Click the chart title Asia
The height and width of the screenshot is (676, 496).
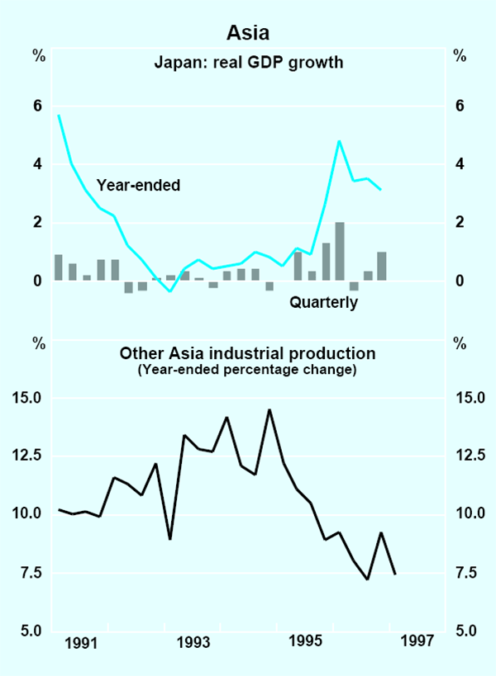coord(248,35)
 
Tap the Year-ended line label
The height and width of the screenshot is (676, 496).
coord(139,185)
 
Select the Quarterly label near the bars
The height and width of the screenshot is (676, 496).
coord(323,303)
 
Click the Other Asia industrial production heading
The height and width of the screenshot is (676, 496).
coord(248,353)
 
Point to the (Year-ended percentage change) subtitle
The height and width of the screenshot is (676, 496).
coord(248,370)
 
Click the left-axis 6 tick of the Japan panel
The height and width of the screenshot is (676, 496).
coord(36,106)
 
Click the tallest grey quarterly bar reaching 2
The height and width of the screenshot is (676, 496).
coord(340,251)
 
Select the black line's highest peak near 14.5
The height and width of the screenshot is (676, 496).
coord(269,409)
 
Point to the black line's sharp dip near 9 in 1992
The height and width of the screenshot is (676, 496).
coord(169,539)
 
